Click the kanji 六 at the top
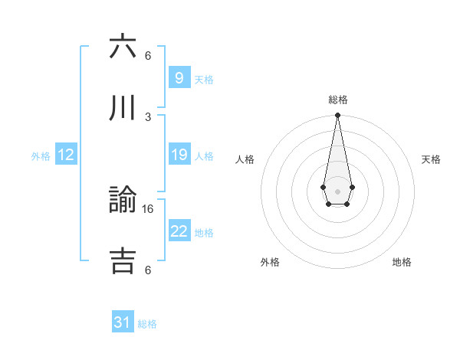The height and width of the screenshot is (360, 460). tap(123, 48)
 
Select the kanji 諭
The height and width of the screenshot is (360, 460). tap(123, 201)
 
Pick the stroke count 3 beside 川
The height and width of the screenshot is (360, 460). tap(148, 116)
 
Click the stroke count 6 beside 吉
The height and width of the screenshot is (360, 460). tap(148, 270)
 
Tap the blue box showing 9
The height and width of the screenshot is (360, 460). tap(179, 77)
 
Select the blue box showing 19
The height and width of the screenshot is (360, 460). tap(179, 155)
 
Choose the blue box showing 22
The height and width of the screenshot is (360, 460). tap(179, 231)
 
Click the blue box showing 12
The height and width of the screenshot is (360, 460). tap(66, 155)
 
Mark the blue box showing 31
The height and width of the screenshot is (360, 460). tap(123, 322)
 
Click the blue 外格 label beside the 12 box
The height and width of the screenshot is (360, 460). tap(41, 156)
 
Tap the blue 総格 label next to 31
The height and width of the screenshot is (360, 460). tap(147, 324)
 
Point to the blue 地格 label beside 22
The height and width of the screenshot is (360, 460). tap(204, 233)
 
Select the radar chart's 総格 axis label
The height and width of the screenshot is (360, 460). tap(338, 100)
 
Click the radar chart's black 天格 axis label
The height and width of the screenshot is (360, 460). tap(432, 159)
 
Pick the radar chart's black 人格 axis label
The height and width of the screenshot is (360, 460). tap(245, 159)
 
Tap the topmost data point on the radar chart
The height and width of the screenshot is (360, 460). tap(337, 116)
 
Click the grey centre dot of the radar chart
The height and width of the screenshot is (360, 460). tap(337, 190)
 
